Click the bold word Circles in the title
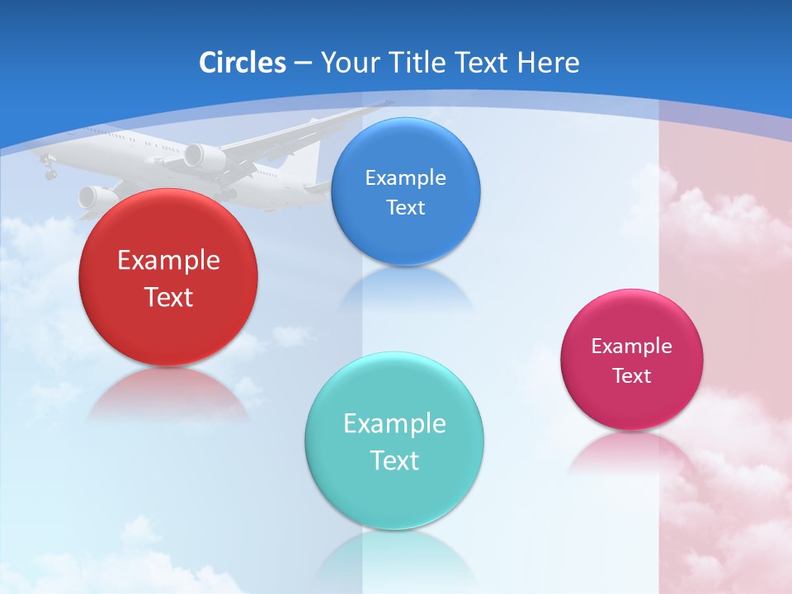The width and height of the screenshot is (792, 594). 243,63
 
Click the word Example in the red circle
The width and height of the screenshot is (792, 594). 168,261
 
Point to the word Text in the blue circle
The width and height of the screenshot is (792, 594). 405,207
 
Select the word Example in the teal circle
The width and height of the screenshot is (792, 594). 394,424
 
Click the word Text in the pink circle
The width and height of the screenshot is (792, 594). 631,376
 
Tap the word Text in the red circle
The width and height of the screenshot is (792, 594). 168,297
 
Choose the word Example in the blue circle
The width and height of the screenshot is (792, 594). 405,178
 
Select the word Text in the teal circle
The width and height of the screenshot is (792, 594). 394,460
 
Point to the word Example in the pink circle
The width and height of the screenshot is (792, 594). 631,346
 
